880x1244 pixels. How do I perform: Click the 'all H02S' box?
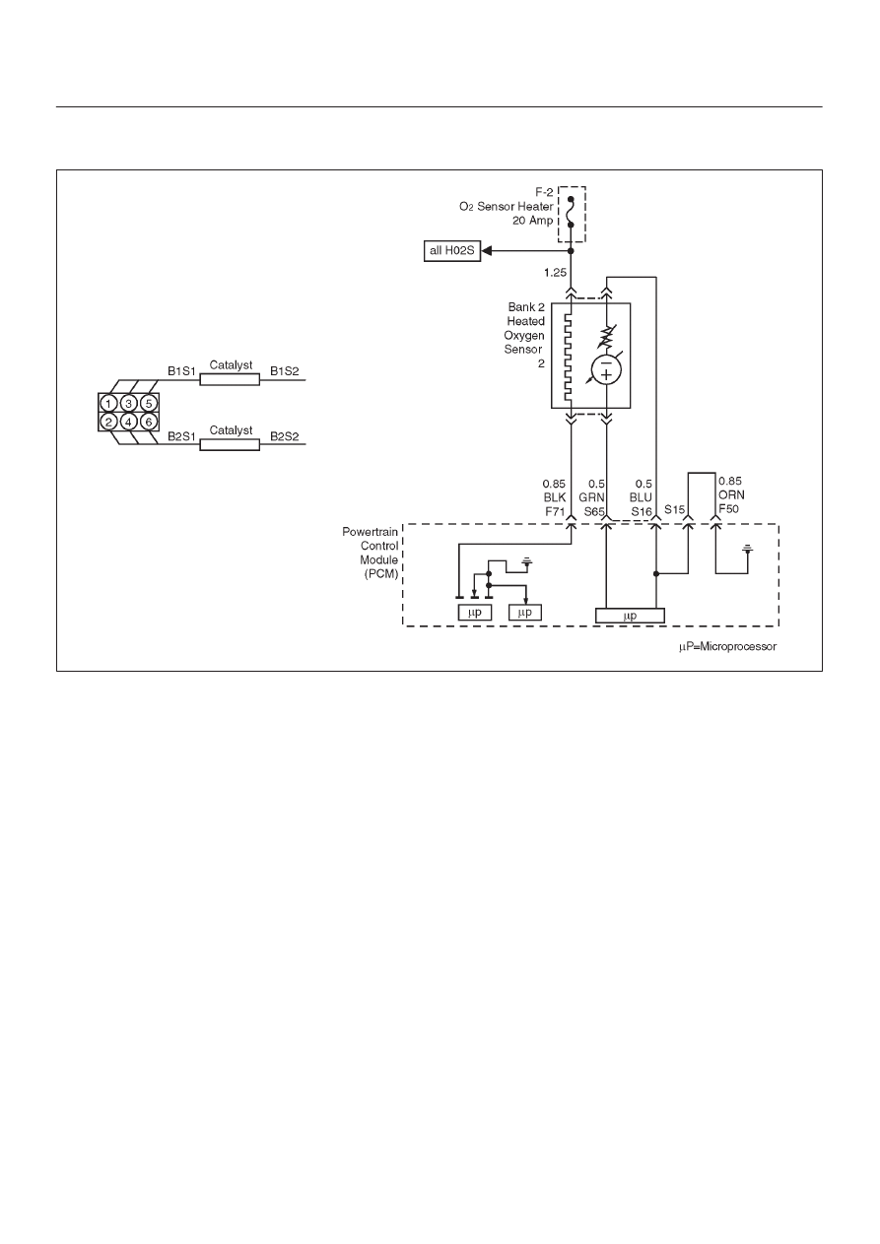(451, 251)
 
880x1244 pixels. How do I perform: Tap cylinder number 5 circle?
(149, 403)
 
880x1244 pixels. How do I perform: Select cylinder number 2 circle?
(108, 423)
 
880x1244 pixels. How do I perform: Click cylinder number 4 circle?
(128, 423)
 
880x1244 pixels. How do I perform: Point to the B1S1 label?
(181, 371)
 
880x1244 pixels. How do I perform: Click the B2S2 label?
(285, 436)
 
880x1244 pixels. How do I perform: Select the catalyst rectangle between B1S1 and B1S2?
(230, 379)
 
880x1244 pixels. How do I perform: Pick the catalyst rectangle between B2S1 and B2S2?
(230, 444)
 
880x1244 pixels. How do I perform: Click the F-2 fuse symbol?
(571, 212)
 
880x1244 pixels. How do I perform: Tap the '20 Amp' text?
(532, 221)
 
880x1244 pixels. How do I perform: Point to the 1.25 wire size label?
(555, 273)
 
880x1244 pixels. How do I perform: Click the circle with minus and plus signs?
(606, 369)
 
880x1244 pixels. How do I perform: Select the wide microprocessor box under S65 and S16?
(630, 616)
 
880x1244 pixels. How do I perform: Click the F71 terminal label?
(555, 511)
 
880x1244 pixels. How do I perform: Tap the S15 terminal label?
(674, 509)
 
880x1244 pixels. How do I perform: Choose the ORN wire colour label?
(731, 494)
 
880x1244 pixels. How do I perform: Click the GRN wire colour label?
(591, 497)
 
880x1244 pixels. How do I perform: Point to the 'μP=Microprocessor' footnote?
(727, 646)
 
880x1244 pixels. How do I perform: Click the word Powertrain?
(370, 532)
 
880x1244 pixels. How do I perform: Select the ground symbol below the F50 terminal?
(748, 549)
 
